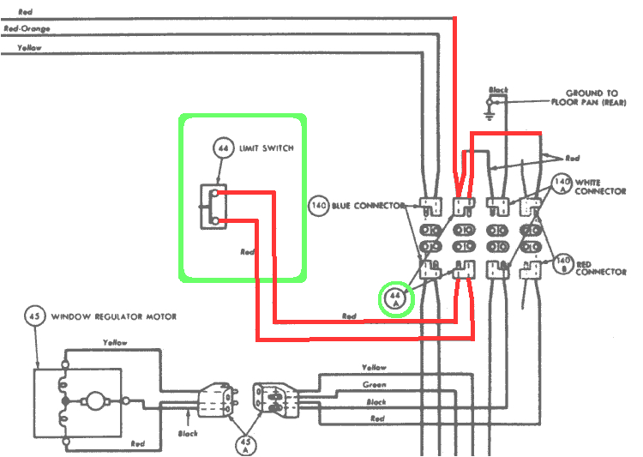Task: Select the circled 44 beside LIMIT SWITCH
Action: click(x=223, y=148)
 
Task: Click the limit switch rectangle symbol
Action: click(x=211, y=207)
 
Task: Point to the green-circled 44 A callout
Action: click(x=396, y=298)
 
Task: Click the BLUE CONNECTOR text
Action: click(x=368, y=206)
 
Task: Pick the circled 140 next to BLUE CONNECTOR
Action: click(x=320, y=206)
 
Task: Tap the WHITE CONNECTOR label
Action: click(x=600, y=186)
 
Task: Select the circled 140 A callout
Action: click(x=562, y=185)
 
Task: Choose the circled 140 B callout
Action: click(x=562, y=262)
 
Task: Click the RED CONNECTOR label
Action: click(x=600, y=267)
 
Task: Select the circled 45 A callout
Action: click(x=244, y=442)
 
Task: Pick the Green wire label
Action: click(x=374, y=385)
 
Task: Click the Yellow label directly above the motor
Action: click(x=115, y=343)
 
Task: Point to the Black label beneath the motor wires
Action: click(x=187, y=434)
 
